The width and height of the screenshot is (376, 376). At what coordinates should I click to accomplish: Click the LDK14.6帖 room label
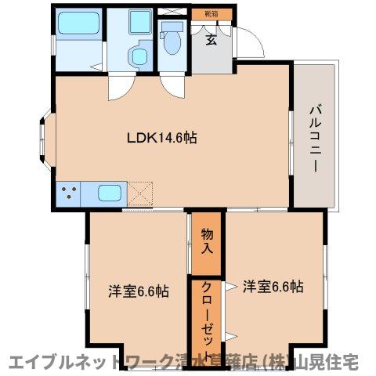(162, 138)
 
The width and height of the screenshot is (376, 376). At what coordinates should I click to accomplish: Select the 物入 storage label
(208, 240)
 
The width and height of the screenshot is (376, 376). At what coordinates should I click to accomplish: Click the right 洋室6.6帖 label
(272, 287)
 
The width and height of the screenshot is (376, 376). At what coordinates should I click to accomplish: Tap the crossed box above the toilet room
(172, 13)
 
